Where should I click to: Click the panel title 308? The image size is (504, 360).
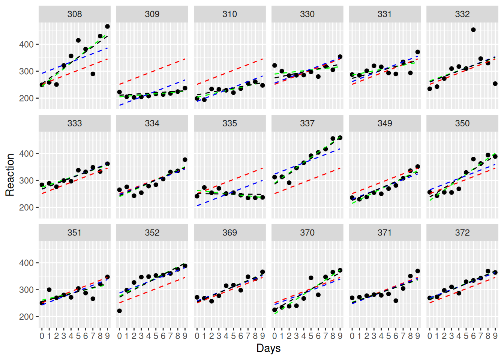click(75, 14)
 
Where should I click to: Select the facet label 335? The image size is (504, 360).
click(229, 123)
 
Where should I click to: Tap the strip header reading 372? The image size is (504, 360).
click(462, 232)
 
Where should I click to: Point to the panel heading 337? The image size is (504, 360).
click(307, 123)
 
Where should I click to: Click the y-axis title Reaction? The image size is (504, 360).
click(10, 175)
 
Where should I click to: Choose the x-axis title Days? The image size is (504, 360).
click(268, 348)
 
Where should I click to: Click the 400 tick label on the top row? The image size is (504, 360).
click(26, 45)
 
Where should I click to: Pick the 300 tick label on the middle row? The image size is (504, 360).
click(26, 181)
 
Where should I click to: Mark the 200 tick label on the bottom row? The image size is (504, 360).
click(26, 317)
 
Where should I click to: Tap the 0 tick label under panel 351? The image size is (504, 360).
click(42, 336)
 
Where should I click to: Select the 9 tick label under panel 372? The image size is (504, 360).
click(495, 336)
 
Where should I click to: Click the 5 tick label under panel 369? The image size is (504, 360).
click(233, 336)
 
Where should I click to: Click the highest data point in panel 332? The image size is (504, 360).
click(473, 30)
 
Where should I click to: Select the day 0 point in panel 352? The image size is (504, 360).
click(120, 311)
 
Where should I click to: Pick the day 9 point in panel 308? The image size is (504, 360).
click(107, 27)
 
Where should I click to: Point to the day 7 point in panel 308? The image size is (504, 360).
click(93, 74)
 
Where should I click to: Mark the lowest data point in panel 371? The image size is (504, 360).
click(396, 301)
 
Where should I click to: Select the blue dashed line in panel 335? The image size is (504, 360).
click(229, 193)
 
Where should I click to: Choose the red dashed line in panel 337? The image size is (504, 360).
click(307, 181)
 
